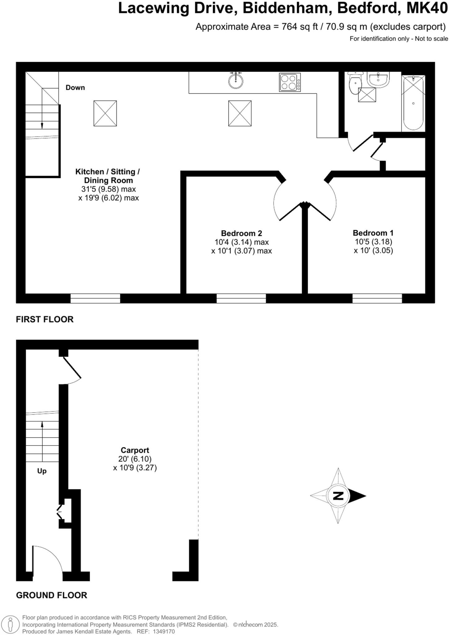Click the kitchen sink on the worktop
click(x=236, y=81)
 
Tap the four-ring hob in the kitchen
click(x=290, y=82)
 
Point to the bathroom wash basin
click(x=378, y=79)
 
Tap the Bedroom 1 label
click(x=373, y=233)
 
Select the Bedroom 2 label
click(x=241, y=233)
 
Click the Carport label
click(x=135, y=450)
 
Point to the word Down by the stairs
click(x=75, y=87)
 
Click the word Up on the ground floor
click(x=42, y=471)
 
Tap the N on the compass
click(x=338, y=496)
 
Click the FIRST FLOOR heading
click(x=45, y=319)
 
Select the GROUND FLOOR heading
click(x=51, y=595)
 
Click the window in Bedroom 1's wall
click(x=377, y=298)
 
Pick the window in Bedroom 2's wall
click(x=241, y=298)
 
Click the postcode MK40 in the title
click(x=427, y=8)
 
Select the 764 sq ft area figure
click(x=300, y=27)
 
